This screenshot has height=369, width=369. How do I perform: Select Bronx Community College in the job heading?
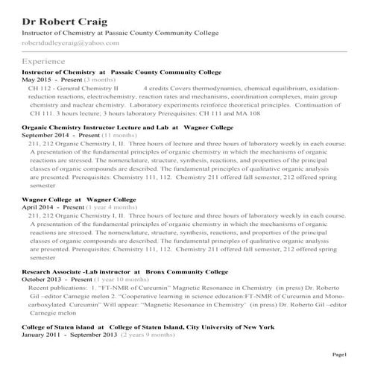[x=183, y=271]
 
